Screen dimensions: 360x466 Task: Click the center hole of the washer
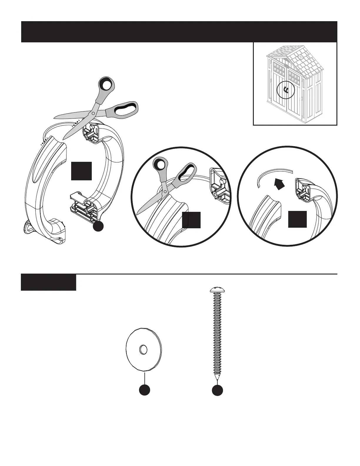click(x=143, y=349)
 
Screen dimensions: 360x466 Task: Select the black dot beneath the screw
click(x=217, y=390)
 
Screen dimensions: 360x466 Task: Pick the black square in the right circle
click(x=297, y=219)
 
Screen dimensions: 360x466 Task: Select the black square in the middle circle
click(x=191, y=220)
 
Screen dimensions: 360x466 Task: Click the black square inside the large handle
click(x=81, y=171)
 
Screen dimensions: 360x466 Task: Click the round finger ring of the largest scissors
click(x=106, y=85)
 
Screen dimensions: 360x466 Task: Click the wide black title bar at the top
click(x=179, y=32)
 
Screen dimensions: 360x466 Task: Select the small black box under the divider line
click(x=49, y=282)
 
